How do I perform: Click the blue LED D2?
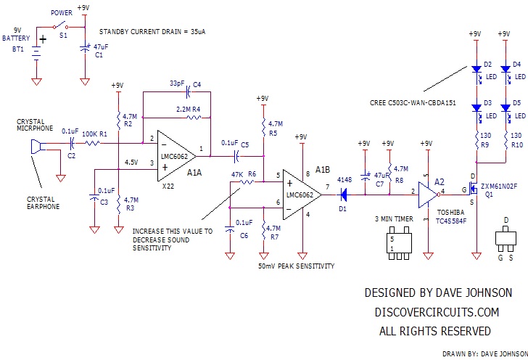pos(477,71)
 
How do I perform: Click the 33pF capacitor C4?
pos(188,91)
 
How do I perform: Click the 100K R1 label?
pos(93,134)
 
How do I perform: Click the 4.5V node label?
pos(132,162)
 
